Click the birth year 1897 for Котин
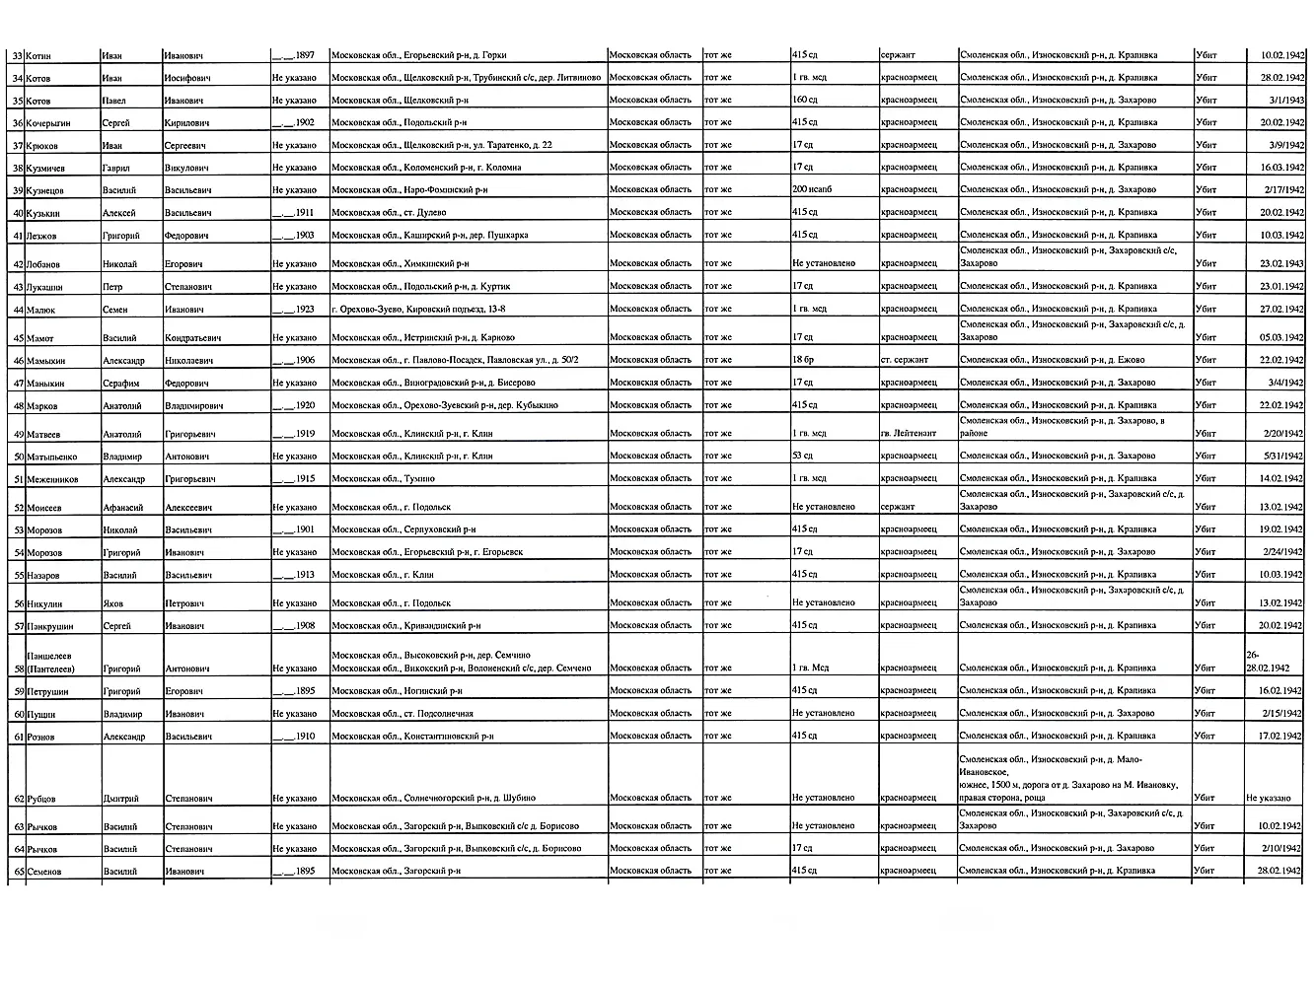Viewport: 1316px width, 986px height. (294, 55)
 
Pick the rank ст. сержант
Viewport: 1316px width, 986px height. (905, 360)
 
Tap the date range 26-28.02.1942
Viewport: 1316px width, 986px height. (1269, 661)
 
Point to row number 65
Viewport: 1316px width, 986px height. (18, 872)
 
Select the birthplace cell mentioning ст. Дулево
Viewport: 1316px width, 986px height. (389, 213)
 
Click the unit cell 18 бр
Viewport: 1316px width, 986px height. (802, 360)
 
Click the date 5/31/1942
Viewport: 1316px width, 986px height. (1282, 457)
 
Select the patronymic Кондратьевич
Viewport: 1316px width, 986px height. (192, 338)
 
